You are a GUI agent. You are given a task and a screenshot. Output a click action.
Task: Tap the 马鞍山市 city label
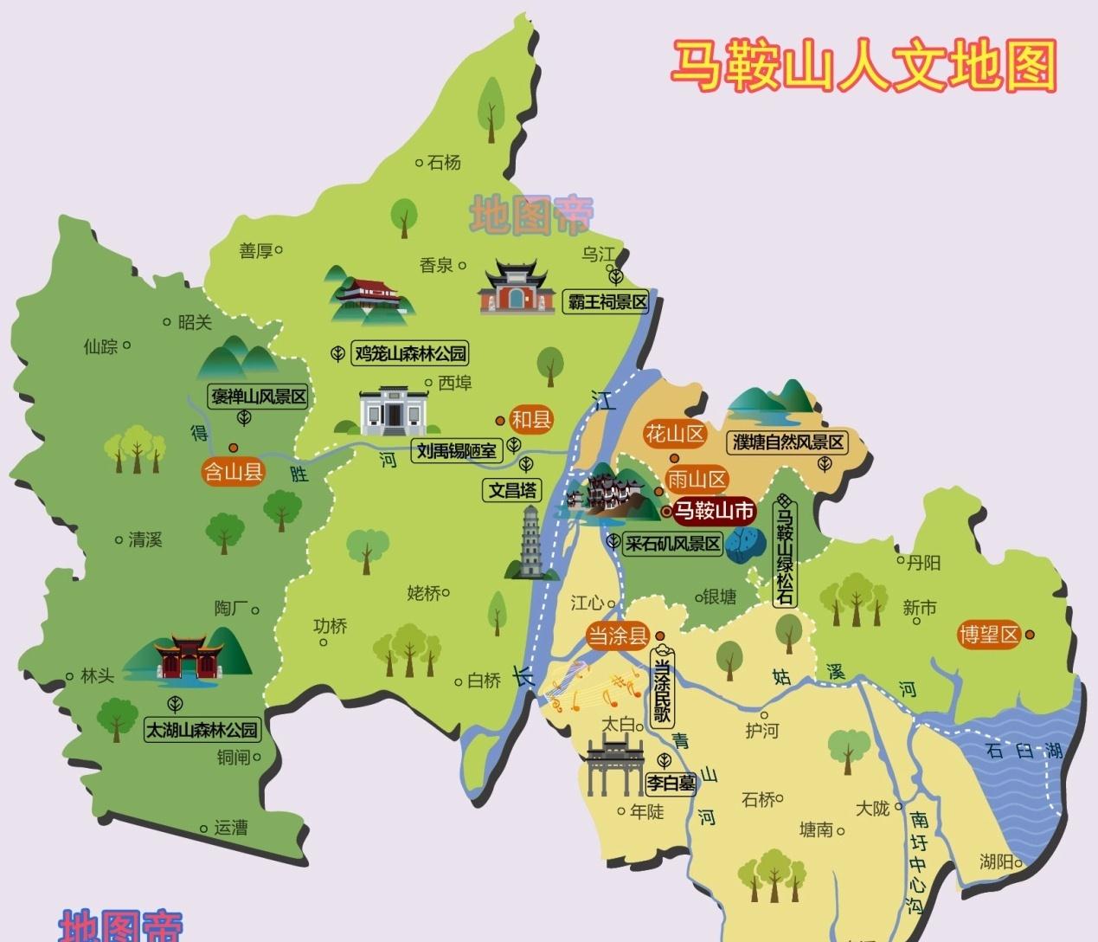(714, 511)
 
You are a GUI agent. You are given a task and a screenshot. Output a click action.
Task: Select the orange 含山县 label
(232, 472)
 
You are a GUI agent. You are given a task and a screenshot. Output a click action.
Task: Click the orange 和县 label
(531, 420)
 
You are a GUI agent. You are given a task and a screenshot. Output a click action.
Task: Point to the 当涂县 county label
(617, 636)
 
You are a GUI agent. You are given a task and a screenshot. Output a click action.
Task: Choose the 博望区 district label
(989, 635)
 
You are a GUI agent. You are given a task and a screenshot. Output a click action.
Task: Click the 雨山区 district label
(697, 479)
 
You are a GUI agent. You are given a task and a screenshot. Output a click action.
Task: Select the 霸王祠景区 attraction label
(607, 302)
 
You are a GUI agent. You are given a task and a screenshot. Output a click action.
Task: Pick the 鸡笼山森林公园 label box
(410, 353)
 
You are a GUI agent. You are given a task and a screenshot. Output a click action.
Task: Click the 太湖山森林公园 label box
(202, 730)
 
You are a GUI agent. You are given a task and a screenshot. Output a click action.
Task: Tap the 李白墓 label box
(671, 784)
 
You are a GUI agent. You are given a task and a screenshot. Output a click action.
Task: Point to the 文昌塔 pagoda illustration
(530, 543)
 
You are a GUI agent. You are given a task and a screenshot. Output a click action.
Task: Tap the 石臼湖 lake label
(1024, 750)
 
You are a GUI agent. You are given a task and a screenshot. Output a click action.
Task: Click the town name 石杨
(444, 162)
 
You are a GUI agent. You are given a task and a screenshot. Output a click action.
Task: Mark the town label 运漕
(230, 828)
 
